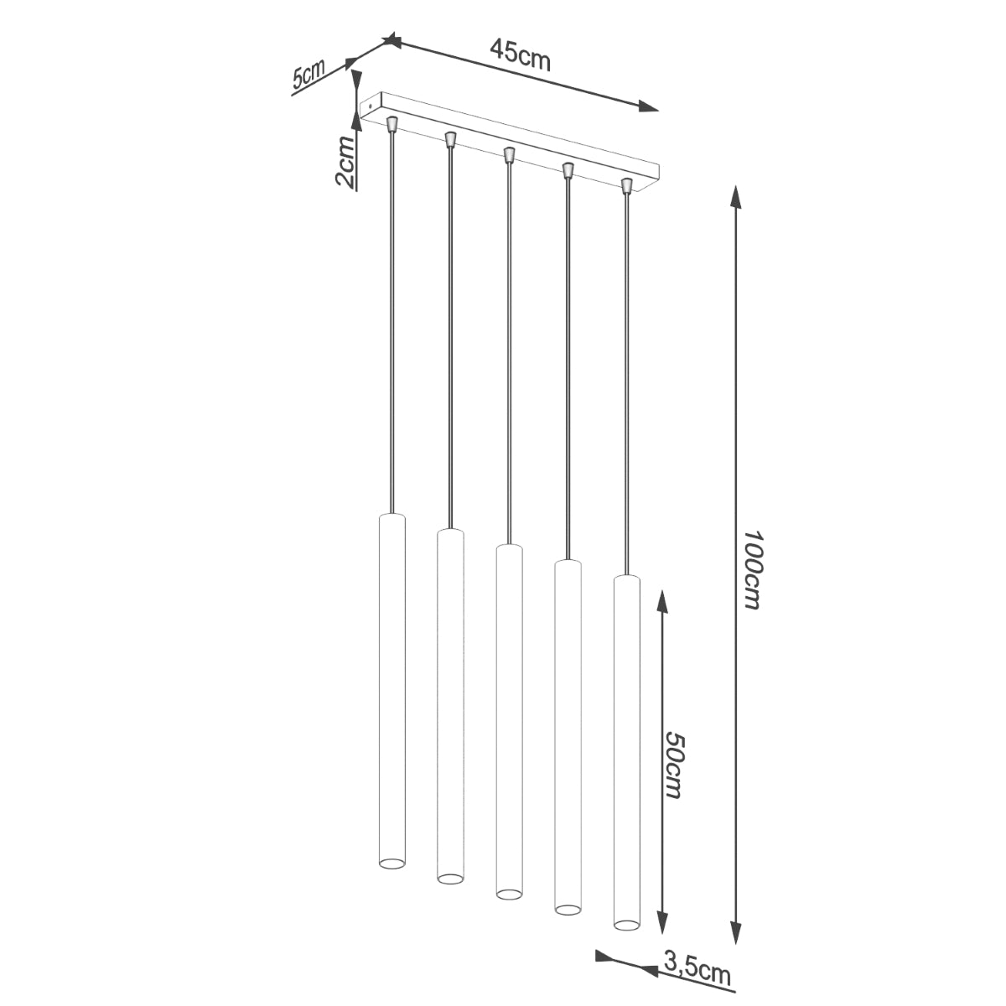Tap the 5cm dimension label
[308, 75]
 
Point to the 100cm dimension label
[751, 569]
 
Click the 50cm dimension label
[675, 763]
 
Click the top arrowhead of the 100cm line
[736, 198]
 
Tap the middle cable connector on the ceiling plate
[508, 155]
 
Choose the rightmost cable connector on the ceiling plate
[625, 185]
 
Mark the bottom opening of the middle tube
[508, 893]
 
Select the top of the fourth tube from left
[568, 563]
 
